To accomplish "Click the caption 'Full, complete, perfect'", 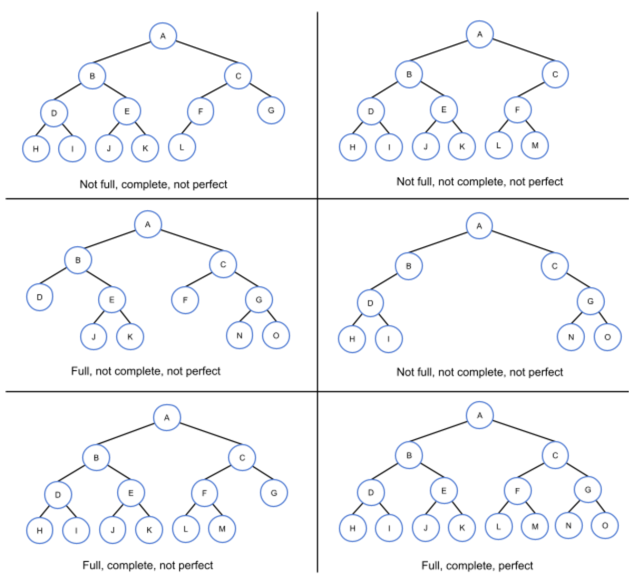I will pos(477,565).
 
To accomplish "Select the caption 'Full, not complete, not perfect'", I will pos(145,371).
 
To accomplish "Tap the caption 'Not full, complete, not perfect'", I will pos(153,184).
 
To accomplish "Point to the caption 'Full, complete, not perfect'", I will pos(147,565).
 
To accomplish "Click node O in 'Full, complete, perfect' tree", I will pos(605,526).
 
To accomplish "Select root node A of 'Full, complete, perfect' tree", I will pos(479,416).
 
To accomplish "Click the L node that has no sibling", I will pos(182,147).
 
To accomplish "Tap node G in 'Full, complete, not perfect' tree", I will pos(274,493).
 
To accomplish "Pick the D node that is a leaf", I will pos(39,297).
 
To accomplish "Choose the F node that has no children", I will pos(185,300).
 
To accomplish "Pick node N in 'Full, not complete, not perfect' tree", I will pos(239,335).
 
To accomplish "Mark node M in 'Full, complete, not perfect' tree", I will pos(222,529).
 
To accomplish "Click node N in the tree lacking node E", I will pos(570,337).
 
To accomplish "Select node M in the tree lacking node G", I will pos(535,146).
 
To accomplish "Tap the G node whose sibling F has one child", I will pos(271,110).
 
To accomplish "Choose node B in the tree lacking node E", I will pos(408,266).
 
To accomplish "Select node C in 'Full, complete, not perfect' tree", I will pos(242,458).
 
